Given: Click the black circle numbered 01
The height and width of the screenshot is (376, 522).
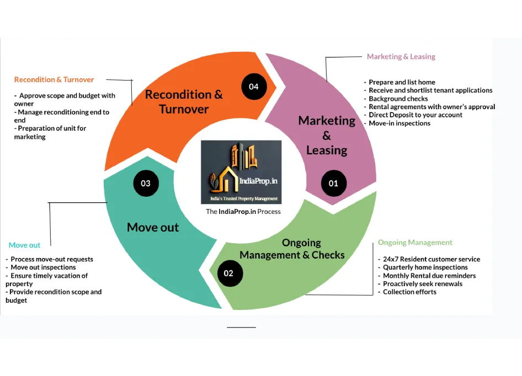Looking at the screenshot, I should click(x=333, y=183).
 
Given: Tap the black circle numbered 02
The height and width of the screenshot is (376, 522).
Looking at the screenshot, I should click(x=228, y=273).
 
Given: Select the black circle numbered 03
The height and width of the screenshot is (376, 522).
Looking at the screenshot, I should click(x=146, y=183).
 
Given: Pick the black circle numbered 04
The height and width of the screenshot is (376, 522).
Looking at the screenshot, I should click(x=254, y=87).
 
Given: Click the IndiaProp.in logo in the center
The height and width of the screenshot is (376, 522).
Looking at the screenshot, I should click(x=241, y=172).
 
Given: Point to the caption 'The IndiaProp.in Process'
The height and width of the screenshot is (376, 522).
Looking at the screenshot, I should click(x=243, y=212).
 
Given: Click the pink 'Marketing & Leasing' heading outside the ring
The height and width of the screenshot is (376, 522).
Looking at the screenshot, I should click(x=401, y=57).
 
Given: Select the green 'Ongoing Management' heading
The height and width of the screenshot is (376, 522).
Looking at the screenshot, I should click(x=415, y=243).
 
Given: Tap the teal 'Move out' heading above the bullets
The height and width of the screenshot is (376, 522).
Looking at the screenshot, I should click(x=24, y=245).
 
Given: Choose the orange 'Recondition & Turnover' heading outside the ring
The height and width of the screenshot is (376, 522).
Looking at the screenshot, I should click(x=54, y=80).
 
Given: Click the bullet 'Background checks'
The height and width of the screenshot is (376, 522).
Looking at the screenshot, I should click(x=398, y=99).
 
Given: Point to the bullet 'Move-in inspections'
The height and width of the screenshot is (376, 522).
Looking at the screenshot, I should click(x=400, y=123).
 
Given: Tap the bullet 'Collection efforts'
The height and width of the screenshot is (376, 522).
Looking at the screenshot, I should click(x=409, y=292).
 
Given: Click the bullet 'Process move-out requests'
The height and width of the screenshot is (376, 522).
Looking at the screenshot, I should click(x=52, y=259).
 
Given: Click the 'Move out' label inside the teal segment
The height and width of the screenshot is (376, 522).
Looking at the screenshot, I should click(x=153, y=227).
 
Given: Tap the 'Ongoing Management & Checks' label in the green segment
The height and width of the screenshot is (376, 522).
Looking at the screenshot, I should click(x=292, y=249).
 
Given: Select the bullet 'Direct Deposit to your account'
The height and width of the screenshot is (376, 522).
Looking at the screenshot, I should click(x=416, y=115).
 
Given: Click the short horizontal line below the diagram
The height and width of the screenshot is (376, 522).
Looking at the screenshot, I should click(x=241, y=327).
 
